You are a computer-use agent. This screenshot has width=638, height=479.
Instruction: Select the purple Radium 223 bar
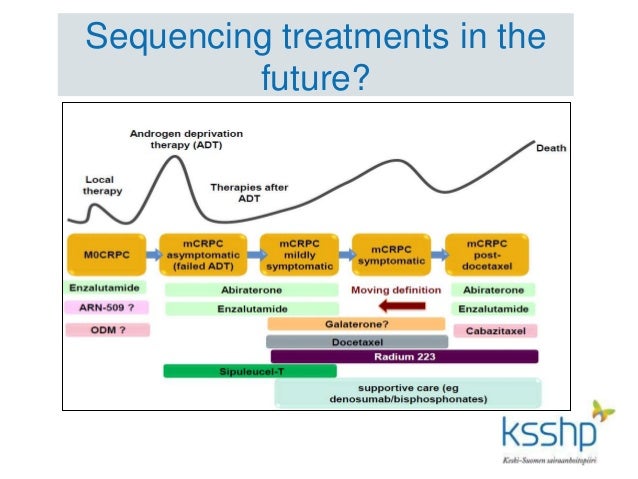(404, 356)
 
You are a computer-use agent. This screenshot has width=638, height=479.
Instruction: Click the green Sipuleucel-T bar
(250, 371)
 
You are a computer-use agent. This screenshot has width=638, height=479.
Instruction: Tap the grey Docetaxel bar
(356, 341)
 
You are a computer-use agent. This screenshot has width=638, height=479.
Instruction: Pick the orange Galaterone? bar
(356, 324)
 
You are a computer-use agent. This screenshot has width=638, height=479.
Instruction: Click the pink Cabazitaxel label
(494, 330)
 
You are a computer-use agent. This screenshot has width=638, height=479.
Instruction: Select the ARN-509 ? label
(107, 308)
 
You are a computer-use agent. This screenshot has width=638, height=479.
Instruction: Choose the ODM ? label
(107, 329)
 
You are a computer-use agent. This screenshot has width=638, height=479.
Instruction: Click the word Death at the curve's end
(551, 148)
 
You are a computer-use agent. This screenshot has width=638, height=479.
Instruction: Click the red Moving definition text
(396, 290)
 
